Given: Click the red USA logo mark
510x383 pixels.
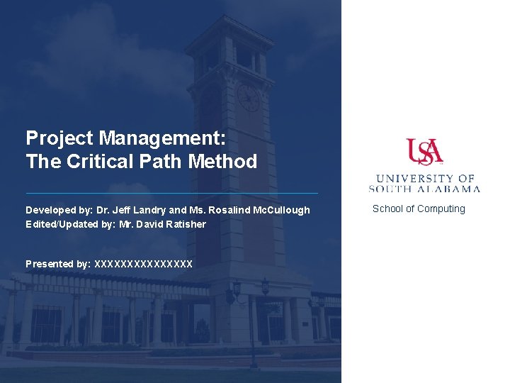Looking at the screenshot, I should tap(424, 152).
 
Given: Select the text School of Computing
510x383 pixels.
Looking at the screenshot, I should tap(419, 209).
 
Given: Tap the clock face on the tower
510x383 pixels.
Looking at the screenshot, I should tap(249, 98).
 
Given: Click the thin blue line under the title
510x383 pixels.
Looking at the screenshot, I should tap(171, 193).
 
